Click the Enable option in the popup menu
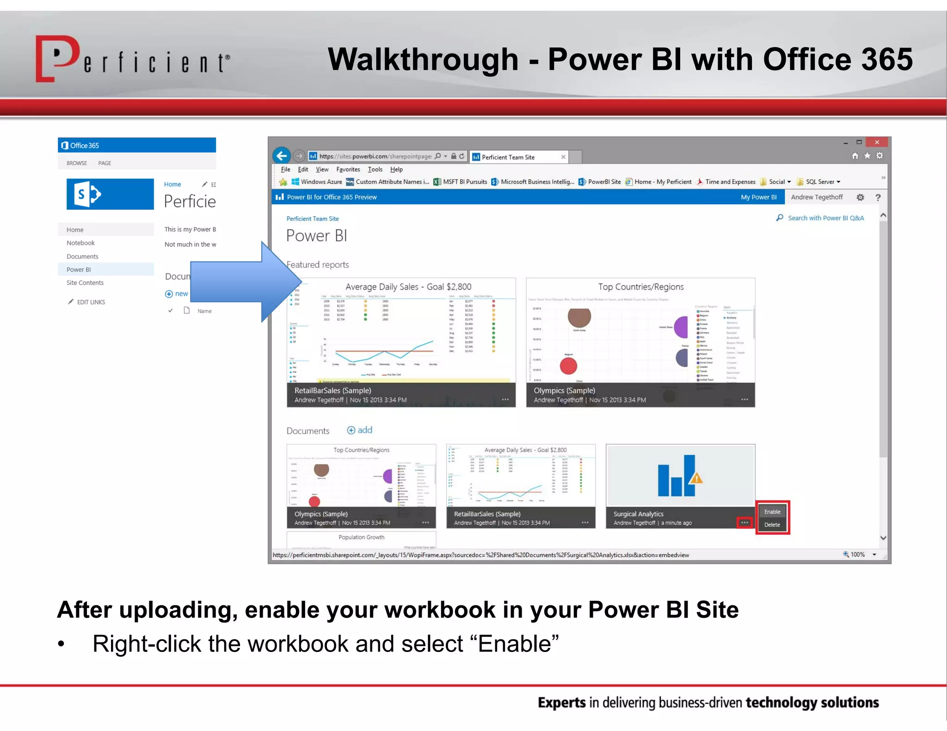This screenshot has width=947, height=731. [x=772, y=512]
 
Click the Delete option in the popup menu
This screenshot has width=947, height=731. [x=772, y=524]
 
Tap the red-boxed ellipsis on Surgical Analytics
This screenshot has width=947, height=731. [x=744, y=523]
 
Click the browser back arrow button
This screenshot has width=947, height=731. [x=282, y=156]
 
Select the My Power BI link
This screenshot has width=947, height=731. [x=758, y=197]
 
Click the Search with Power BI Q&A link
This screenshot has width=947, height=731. [x=825, y=218]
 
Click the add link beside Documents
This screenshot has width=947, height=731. [x=360, y=430]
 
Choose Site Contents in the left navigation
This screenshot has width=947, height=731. [x=85, y=283]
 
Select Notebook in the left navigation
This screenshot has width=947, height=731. [x=80, y=243]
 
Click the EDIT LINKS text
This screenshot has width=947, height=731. [x=91, y=302]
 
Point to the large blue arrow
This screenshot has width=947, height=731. [x=245, y=282]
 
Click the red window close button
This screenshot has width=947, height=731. [x=877, y=142]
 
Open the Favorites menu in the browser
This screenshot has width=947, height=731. [x=348, y=170]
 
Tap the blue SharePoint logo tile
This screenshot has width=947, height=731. [x=110, y=195]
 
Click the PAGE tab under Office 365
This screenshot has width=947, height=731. [x=105, y=163]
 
